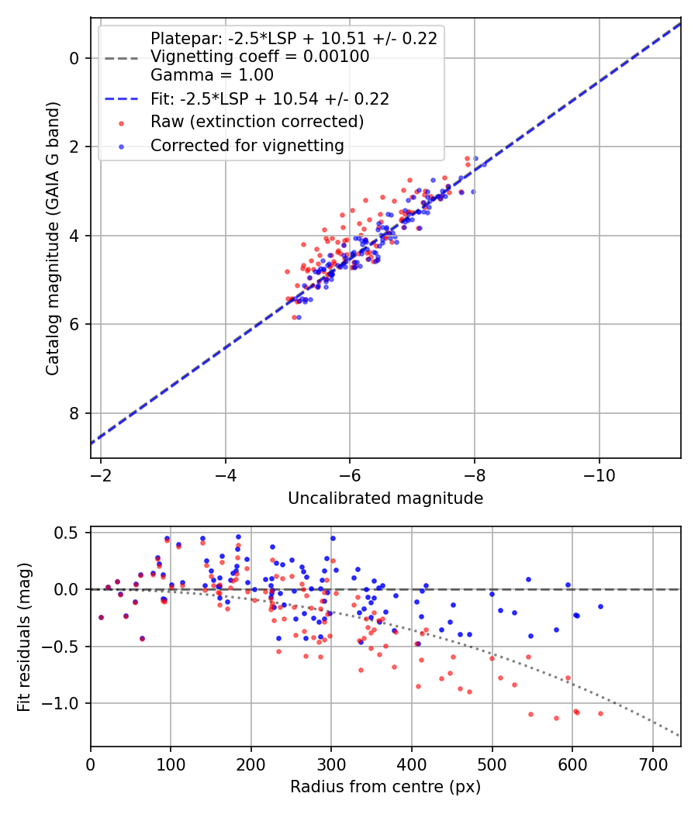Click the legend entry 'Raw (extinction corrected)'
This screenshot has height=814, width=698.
tap(257, 122)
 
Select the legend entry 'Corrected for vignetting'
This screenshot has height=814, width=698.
tap(247, 146)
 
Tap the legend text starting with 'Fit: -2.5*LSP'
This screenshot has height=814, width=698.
tap(270, 98)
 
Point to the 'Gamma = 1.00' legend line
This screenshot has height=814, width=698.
tap(212, 74)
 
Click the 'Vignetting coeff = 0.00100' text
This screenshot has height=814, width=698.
tap(260, 56)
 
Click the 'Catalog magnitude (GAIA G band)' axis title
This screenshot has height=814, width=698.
tap(53, 238)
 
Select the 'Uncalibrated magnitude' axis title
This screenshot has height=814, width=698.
tap(385, 498)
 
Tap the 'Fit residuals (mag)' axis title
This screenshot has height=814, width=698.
tap(24, 637)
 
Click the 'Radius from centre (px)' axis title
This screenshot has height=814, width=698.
tap(385, 787)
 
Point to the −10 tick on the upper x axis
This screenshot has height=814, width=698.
tap(599, 475)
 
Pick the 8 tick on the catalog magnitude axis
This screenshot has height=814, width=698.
tap(74, 413)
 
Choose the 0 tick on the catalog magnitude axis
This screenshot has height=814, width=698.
tap(74, 58)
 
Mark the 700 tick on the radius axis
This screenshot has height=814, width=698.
tap(653, 764)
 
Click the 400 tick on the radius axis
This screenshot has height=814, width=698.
tap(412, 764)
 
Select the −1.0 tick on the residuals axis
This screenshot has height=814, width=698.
tap(60, 703)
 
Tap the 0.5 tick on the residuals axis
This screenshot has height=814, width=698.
tap(67, 533)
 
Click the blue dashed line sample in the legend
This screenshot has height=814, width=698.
tap(122, 98)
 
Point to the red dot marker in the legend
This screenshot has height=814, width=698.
tap(122, 123)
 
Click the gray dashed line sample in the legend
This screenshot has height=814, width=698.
tap(122, 58)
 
